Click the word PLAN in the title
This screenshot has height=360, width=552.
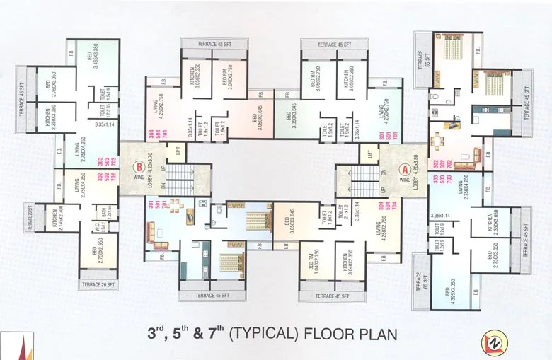(372, 332)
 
